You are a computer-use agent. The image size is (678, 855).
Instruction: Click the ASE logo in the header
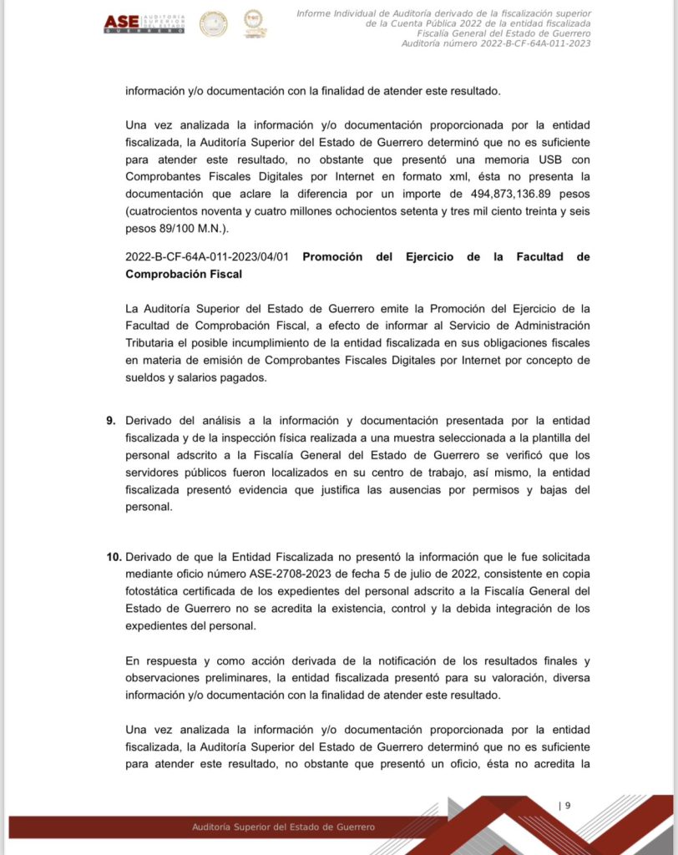[144, 23]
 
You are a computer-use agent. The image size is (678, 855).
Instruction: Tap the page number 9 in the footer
[568, 806]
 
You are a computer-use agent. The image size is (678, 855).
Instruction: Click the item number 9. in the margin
[111, 420]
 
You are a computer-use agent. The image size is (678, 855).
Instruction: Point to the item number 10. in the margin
[114, 556]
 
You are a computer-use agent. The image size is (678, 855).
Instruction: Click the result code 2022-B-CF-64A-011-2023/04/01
[207, 256]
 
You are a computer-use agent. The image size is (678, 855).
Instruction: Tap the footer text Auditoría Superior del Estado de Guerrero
[283, 827]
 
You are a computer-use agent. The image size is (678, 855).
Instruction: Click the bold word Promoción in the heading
[332, 256]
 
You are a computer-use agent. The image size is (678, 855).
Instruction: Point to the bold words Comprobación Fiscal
[184, 274]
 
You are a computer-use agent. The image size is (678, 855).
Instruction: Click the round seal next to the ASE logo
[213, 23]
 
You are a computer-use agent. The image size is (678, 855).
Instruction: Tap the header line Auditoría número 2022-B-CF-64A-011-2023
[496, 43]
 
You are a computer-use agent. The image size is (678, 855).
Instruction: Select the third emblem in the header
[255, 23]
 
